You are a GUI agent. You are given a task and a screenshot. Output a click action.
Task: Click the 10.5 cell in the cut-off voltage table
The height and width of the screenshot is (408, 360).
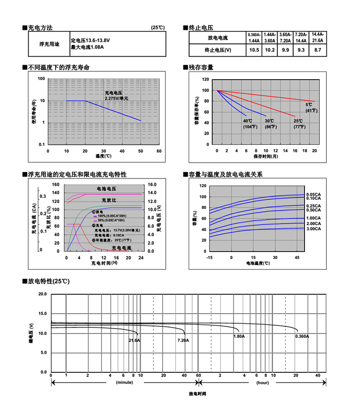[x=254, y=50]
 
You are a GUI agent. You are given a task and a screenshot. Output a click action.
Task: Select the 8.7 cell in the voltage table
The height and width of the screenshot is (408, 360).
[x=318, y=50]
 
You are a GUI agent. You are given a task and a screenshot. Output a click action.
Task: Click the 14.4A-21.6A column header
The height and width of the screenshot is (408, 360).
[x=318, y=37]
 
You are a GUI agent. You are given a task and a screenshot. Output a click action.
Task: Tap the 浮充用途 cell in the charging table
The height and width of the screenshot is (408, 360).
[x=49, y=44]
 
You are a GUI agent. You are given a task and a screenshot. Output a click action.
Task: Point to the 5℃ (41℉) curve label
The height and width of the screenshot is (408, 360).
[x=311, y=107]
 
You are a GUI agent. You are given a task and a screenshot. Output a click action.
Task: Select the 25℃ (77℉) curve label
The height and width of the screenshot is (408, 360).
[x=298, y=123]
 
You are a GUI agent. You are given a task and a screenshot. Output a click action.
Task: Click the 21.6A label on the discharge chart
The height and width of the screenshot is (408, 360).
[x=134, y=340]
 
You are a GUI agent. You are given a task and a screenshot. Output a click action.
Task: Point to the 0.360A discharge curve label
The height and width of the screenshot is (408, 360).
[x=302, y=336]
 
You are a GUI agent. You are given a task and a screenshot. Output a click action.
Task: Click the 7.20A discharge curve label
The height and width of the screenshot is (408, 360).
[x=183, y=340]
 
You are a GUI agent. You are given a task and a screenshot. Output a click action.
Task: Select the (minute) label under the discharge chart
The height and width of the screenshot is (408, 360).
[x=124, y=382]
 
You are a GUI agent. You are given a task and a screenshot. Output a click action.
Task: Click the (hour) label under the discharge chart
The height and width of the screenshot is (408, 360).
[x=262, y=382]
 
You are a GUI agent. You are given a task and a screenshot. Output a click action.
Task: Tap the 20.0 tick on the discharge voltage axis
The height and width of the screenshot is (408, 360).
[x=42, y=294]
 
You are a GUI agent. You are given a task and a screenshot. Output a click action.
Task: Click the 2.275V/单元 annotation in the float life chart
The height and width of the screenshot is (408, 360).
[x=117, y=97]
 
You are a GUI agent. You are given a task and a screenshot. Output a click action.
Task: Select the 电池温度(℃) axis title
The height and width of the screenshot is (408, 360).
[x=258, y=264]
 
